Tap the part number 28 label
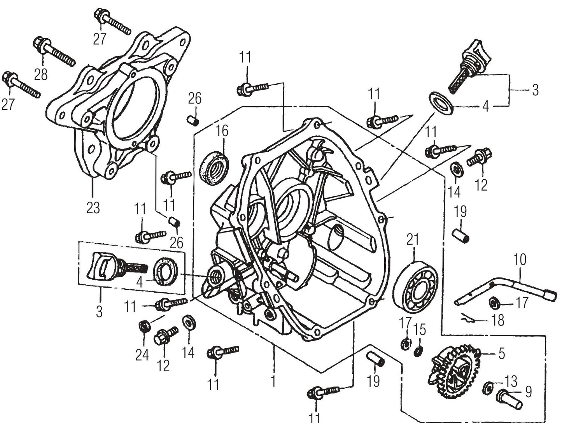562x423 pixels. (x=41, y=74)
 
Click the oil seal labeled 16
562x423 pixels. (x=215, y=167)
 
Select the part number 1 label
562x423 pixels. (x=273, y=381)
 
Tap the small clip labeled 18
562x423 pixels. (x=467, y=318)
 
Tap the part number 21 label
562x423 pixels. (x=413, y=239)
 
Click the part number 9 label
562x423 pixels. (x=528, y=392)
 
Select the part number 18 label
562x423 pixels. (x=497, y=320)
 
